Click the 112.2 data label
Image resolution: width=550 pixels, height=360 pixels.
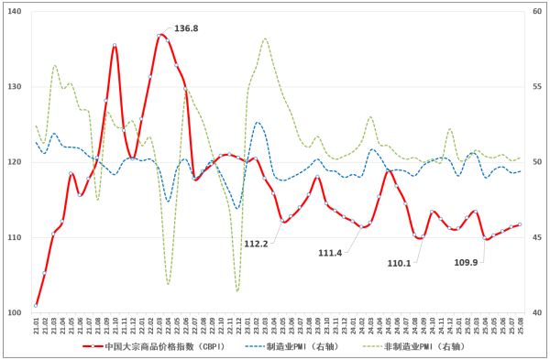[x=257, y=244]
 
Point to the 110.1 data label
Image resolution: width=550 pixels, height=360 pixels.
[x=400, y=263]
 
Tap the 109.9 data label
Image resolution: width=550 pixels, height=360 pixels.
[x=467, y=263]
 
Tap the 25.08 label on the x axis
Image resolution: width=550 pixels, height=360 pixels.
[x=520, y=325]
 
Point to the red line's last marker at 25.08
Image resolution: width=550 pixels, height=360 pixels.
[x=520, y=224]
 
